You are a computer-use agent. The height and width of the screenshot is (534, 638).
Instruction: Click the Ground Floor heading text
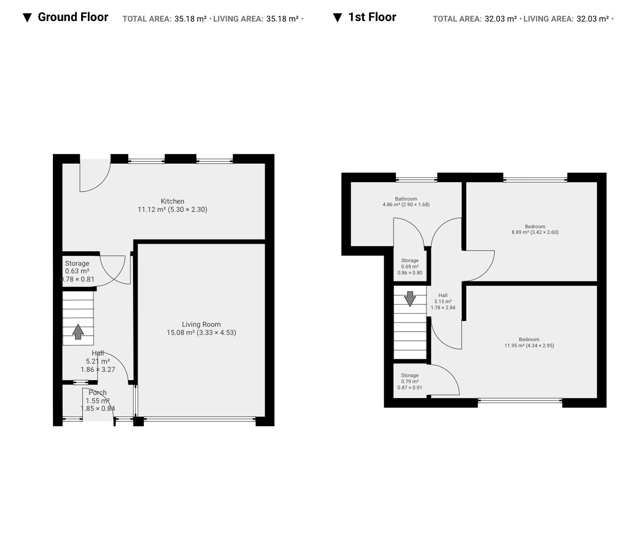[73, 17]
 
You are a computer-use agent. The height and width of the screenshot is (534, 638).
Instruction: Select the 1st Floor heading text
[372, 17]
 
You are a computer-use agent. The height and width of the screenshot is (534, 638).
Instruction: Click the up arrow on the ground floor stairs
[78, 331]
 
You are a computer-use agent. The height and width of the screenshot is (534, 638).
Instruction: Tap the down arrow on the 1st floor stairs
[410, 299]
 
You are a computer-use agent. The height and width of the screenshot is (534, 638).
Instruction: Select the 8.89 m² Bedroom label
[535, 229]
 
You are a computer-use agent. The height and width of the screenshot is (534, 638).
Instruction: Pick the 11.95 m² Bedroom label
[529, 342]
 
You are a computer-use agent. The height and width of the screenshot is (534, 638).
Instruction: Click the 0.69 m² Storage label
[410, 266]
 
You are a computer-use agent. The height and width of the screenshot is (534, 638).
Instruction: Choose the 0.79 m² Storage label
[409, 382]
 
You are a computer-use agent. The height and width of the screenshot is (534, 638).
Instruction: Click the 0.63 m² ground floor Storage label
[77, 271]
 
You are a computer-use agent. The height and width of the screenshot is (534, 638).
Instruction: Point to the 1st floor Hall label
[443, 302]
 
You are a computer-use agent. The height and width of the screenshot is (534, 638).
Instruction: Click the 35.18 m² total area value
[191, 19]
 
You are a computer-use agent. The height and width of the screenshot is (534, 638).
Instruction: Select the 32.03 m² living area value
[592, 19]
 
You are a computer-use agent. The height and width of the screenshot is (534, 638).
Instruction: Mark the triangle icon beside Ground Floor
[27, 18]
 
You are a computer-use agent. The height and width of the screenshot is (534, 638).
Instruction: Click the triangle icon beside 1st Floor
[337, 18]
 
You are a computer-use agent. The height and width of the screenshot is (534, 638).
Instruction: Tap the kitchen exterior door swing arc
[101, 183]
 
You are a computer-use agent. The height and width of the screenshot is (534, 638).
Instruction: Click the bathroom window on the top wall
[417, 180]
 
